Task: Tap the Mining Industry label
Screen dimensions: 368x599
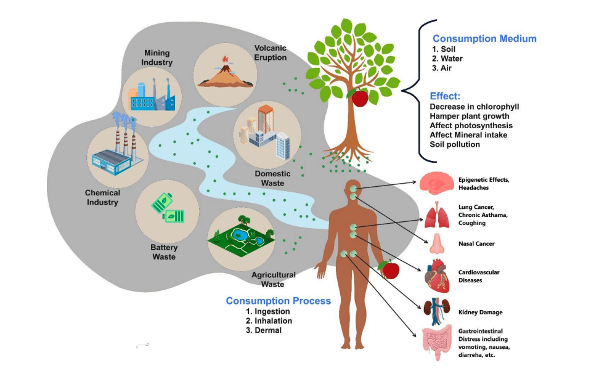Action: (157, 58)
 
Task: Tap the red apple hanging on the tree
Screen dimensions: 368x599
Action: (359, 97)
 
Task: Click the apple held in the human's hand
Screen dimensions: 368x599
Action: (389, 269)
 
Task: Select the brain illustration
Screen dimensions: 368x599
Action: (436, 183)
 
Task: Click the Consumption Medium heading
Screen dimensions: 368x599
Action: (484, 38)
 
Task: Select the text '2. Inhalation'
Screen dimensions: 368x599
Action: (269, 321)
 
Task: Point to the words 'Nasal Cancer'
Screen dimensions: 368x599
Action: (476, 243)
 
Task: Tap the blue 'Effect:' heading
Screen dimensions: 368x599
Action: (445, 96)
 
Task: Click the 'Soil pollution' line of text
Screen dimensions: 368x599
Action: (455, 144)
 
